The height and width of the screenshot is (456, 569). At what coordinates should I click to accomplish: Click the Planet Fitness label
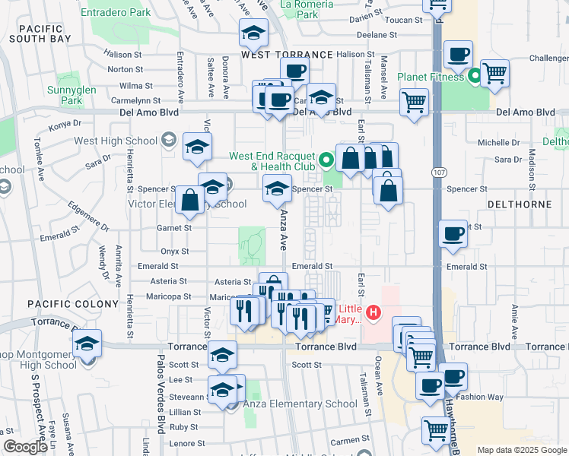click(x=431, y=77)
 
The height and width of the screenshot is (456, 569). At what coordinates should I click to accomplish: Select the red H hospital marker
click(x=373, y=312)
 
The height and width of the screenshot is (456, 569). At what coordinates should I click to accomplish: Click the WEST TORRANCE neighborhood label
click(x=287, y=55)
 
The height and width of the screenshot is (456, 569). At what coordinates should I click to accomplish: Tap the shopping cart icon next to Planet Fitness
click(x=494, y=74)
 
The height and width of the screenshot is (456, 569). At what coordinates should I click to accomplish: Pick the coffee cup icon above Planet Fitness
click(x=458, y=54)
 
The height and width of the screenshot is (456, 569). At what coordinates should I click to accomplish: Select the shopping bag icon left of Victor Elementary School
click(x=189, y=201)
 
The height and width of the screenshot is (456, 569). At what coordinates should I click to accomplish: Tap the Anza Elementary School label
click(x=300, y=404)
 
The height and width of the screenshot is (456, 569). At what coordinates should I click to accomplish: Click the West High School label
click(x=115, y=141)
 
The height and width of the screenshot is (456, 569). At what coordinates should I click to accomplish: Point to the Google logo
click(x=25, y=447)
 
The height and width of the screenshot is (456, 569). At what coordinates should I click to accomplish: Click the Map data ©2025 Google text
click(x=522, y=450)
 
